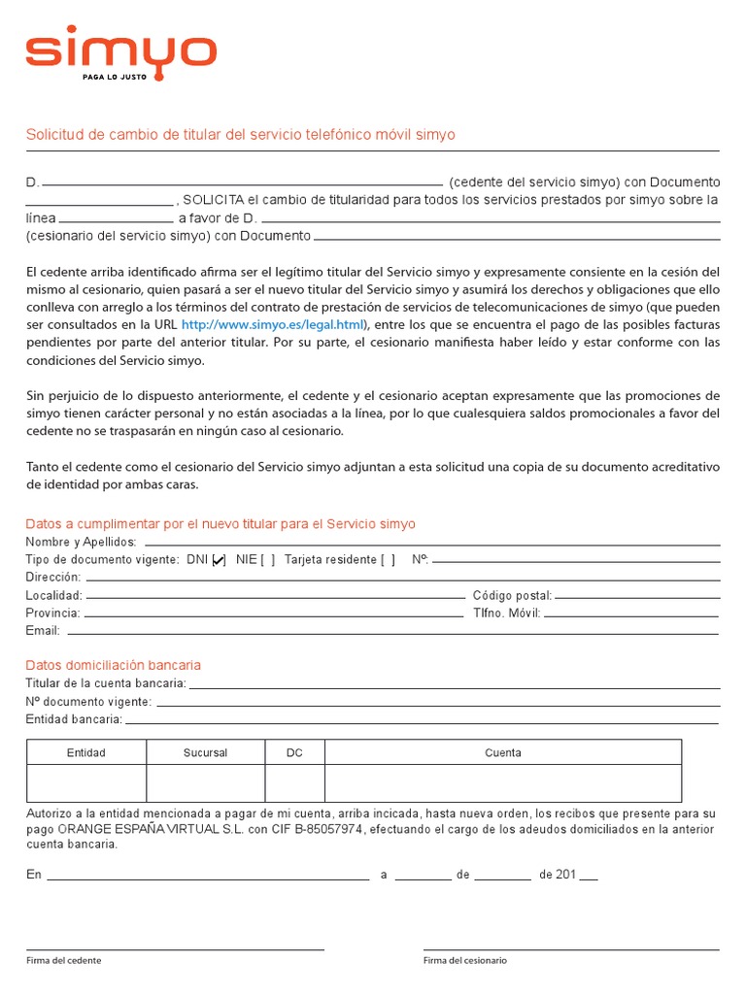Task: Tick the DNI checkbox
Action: coord(219,559)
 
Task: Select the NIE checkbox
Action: coord(268,559)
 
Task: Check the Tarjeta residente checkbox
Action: coord(388,559)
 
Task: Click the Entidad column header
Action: coord(85,752)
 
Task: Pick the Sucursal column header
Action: coord(205,752)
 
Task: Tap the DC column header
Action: coord(294,752)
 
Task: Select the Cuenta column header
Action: coord(502,752)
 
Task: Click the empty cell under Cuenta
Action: coord(502,782)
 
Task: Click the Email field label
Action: coord(43,631)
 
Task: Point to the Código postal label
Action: coord(512,595)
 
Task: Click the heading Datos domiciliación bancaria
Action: coord(114,665)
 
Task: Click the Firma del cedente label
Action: coord(63,960)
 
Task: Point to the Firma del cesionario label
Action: coord(464,960)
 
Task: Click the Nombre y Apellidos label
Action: coord(81,542)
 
